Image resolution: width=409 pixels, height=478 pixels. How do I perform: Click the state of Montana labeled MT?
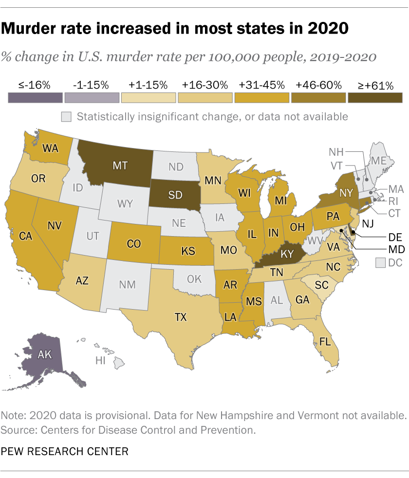(120, 165)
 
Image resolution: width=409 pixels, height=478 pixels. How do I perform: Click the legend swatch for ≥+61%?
(375, 97)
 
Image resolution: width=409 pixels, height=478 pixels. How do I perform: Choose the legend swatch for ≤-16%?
(35, 97)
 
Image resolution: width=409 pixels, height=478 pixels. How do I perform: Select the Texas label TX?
(181, 317)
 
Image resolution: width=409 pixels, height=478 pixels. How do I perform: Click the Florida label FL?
(325, 341)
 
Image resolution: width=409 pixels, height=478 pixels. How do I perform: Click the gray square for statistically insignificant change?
(66, 117)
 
